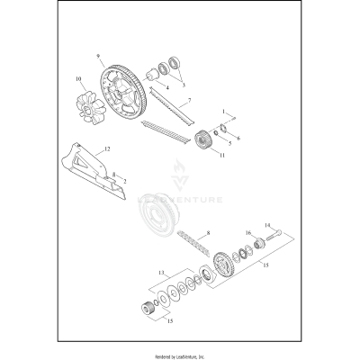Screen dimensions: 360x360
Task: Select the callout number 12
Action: (107, 147)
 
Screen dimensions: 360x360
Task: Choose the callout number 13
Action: (163, 270)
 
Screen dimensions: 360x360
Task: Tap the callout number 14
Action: (267, 226)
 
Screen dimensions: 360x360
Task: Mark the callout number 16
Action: (248, 233)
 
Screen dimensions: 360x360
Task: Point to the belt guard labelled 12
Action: (99, 175)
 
